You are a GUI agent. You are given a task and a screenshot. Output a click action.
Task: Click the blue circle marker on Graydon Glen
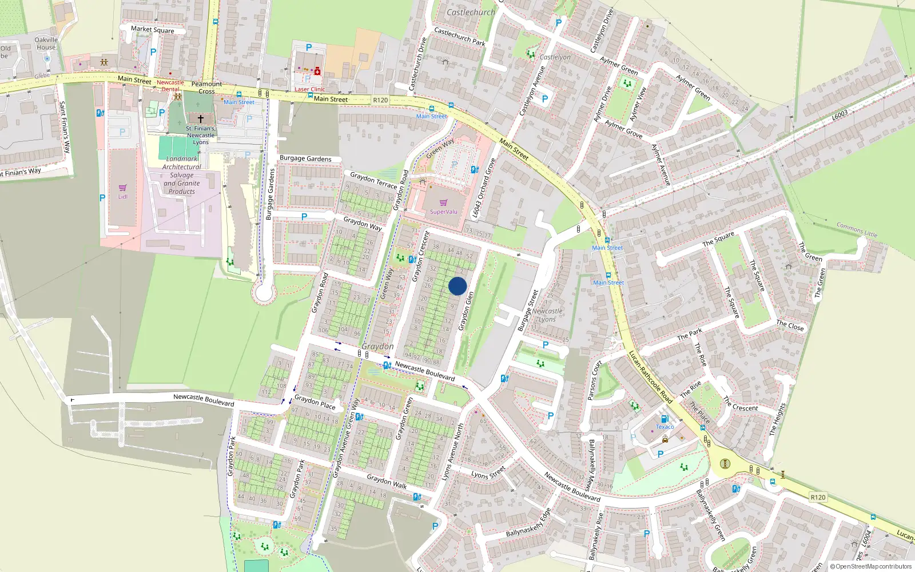[457, 286]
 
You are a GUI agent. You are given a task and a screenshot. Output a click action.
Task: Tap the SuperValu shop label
[443, 212]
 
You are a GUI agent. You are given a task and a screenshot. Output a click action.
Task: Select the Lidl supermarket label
[123, 197]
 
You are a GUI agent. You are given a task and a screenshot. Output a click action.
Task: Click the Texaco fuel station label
[665, 427]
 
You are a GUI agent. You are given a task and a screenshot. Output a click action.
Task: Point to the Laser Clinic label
[310, 89]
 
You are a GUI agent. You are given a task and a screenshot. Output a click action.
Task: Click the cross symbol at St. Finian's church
[200, 119]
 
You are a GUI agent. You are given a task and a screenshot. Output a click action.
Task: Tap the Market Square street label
[152, 29]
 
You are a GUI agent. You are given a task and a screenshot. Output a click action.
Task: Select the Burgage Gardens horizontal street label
[305, 158]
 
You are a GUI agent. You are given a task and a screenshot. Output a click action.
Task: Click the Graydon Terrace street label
[373, 180]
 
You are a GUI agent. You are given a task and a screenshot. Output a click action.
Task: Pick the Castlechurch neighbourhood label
[471, 12]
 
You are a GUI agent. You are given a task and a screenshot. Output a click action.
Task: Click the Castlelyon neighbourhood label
[555, 57]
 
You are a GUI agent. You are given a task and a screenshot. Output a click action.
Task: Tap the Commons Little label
[857, 230]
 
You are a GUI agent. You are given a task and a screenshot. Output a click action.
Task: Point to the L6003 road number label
[840, 116]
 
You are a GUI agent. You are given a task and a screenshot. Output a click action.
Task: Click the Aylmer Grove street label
[623, 129]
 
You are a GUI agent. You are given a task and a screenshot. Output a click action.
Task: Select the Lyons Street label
[488, 472]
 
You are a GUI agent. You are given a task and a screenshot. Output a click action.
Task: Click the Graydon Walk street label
[387, 482]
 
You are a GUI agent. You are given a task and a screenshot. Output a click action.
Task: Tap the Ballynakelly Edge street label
[528, 523]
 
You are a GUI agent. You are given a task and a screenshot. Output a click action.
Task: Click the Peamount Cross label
[206, 88]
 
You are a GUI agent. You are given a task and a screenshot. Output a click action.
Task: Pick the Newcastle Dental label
[170, 86]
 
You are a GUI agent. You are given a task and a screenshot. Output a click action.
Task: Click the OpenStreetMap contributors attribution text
[870, 567]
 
